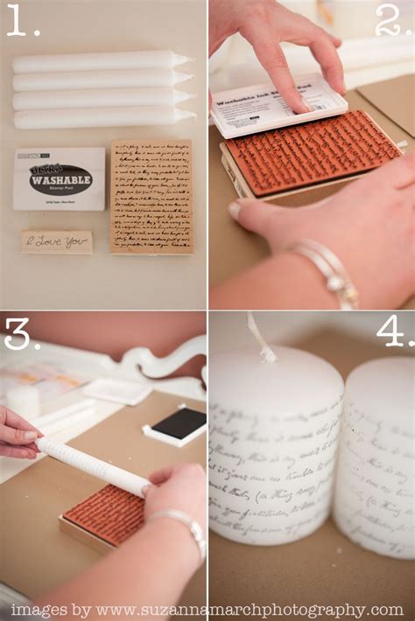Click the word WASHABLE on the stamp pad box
pos(60,182)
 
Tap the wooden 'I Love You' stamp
pos(56,241)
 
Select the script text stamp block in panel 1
pos(151,197)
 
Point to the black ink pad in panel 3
pos(179,423)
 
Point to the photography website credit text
pos(207,610)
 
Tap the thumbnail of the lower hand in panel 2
pos(236,210)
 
